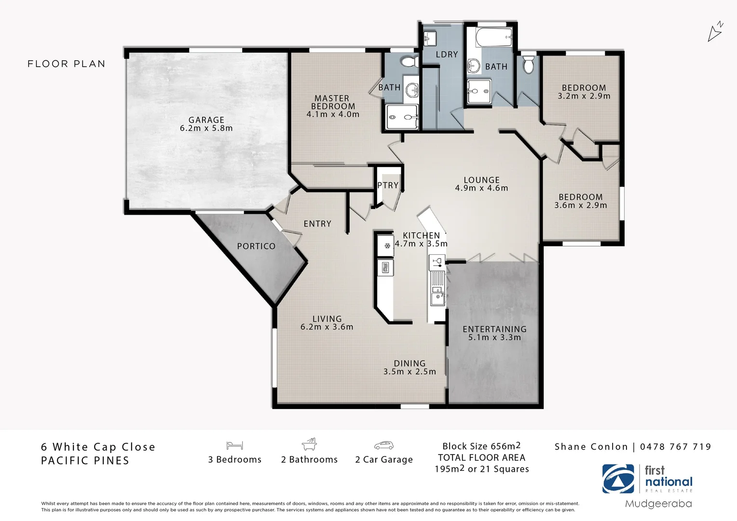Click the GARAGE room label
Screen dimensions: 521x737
(x=206, y=120)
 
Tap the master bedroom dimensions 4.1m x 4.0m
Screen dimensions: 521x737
(x=333, y=114)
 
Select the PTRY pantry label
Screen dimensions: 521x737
(x=388, y=185)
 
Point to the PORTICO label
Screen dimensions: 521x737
(x=256, y=246)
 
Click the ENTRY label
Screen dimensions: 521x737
(x=317, y=224)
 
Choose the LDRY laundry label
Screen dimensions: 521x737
(x=447, y=55)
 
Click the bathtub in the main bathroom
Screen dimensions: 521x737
(x=493, y=36)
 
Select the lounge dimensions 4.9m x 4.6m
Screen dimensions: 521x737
(x=481, y=188)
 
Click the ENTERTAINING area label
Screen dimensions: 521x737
(x=494, y=329)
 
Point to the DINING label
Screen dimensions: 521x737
(x=409, y=363)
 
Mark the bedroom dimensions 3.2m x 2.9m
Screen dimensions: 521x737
(x=584, y=96)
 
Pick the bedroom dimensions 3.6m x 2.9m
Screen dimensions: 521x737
(x=581, y=205)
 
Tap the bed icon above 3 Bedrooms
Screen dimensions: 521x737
(x=234, y=445)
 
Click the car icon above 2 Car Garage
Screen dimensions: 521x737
(x=383, y=445)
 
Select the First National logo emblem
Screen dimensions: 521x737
(x=618, y=479)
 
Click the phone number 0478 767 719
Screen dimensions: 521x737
(x=675, y=447)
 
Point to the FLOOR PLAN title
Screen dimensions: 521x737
(x=67, y=64)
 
